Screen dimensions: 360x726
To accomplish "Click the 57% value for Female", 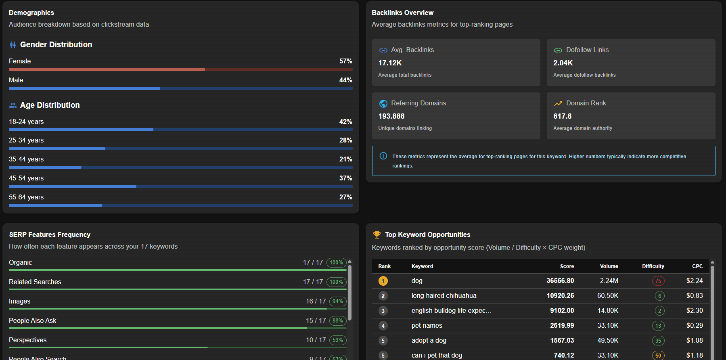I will click(x=345, y=61).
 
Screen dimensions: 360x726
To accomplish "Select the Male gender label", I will click(x=16, y=80).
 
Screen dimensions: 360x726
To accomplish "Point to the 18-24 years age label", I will click(x=26, y=121).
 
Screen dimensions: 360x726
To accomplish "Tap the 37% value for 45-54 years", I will click(x=345, y=178).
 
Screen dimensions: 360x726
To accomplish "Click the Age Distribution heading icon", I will click(x=13, y=105).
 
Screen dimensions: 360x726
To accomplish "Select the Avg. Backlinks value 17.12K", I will click(x=390, y=63).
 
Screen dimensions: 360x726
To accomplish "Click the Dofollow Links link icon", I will click(x=558, y=50).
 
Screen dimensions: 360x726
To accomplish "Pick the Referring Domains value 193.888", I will click(x=391, y=116).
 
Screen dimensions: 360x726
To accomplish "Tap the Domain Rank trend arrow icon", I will click(x=558, y=104).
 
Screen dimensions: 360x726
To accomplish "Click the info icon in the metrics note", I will click(x=383, y=156).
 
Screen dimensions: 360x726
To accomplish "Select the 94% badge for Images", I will click(x=338, y=301).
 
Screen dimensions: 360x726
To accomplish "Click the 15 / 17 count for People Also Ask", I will click(x=316, y=320).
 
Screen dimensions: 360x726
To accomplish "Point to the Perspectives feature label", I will click(x=28, y=340).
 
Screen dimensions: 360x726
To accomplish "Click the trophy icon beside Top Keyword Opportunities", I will click(x=377, y=234).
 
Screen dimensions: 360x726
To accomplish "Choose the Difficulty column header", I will click(x=653, y=266).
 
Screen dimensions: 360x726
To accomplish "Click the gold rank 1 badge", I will click(x=383, y=281).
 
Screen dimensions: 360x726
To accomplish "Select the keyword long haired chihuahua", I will click(x=444, y=295).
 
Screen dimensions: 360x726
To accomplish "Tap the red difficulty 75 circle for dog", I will click(x=658, y=281).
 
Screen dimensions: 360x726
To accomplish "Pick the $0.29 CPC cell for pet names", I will click(x=694, y=325).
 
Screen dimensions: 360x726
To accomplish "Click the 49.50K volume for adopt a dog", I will click(x=607, y=340).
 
